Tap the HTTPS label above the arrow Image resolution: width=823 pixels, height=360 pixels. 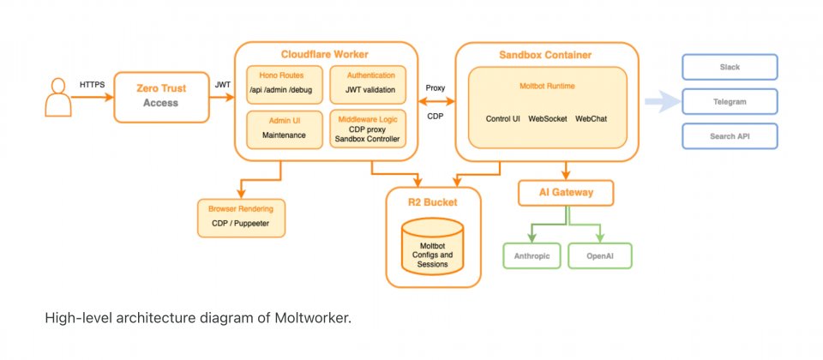[92, 85]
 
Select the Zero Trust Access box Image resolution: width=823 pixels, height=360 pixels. [161, 96]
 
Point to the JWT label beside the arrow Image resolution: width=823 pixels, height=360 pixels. [222, 85]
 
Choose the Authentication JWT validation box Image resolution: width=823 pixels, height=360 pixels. [365, 83]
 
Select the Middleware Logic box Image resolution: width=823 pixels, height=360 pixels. [365, 128]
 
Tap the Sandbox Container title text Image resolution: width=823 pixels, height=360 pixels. [545, 55]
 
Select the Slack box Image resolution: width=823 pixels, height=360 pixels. [730, 67]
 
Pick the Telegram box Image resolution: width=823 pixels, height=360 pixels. [730, 101]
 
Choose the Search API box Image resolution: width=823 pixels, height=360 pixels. [730, 135]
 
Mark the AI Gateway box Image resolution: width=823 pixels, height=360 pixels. [567, 193]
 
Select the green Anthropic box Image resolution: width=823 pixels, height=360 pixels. [532, 256]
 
